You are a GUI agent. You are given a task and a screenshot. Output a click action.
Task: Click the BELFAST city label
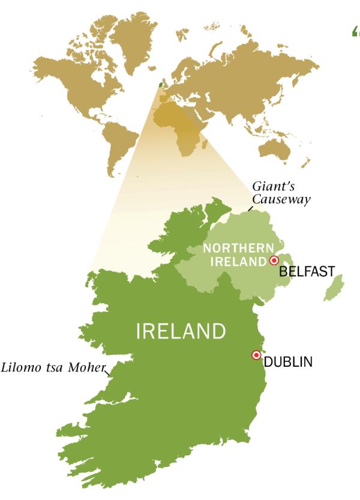[307, 271]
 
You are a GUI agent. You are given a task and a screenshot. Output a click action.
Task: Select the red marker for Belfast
[274, 261]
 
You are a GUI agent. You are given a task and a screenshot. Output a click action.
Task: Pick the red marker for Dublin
[256, 355]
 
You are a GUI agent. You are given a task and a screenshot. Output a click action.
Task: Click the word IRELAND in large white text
[181, 331]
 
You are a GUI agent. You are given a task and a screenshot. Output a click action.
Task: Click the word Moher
[87, 366]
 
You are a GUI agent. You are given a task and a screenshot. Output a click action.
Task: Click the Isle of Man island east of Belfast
[334, 288]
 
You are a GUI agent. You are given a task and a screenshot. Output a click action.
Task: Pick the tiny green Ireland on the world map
[160, 85]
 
